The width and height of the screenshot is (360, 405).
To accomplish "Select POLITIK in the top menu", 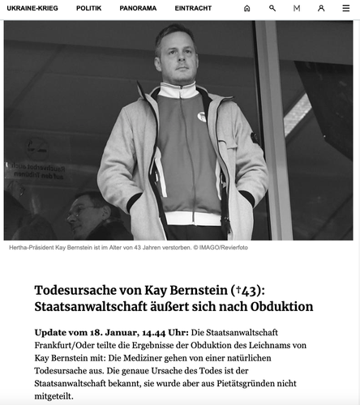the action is click(x=89, y=8).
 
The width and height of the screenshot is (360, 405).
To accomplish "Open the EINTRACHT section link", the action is click(x=193, y=8).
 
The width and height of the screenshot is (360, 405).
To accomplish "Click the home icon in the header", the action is click(x=247, y=8).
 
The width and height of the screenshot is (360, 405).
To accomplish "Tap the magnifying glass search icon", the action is click(x=272, y=8).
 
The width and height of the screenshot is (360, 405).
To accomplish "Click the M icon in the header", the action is click(x=297, y=8).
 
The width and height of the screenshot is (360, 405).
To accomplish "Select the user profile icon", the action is click(x=321, y=8).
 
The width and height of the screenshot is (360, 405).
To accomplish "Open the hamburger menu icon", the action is click(x=346, y=8).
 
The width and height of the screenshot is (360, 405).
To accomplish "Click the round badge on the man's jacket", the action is click(x=201, y=117).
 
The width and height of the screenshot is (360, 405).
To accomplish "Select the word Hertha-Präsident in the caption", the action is click(x=31, y=248).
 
